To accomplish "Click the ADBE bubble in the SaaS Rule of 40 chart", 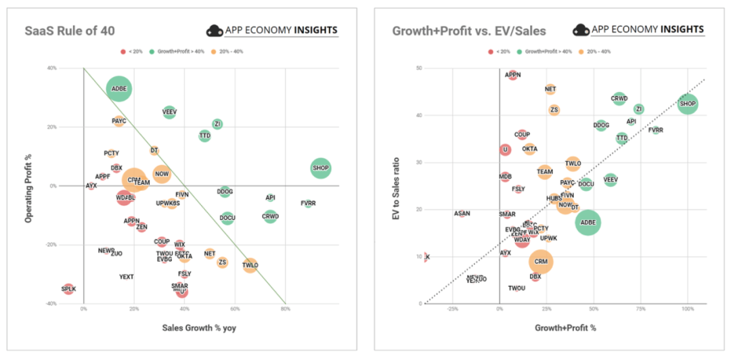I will click(x=119, y=89).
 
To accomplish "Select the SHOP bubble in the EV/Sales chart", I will click(x=688, y=104).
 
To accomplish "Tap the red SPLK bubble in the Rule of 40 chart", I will click(x=68, y=289).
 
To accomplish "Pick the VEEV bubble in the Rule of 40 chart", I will click(x=169, y=112).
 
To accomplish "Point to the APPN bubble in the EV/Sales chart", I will click(x=513, y=75).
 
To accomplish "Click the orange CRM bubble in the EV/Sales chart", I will click(x=540, y=261).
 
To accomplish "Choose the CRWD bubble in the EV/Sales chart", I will click(x=619, y=99).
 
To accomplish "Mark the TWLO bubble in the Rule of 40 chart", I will click(x=250, y=265).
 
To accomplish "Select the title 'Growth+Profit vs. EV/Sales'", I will click(x=469, y=30).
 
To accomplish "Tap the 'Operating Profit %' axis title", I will click(x=28, y=185).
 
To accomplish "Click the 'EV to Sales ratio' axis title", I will click(x=395, y=185).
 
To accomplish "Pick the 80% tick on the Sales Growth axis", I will click(x=285, y=309).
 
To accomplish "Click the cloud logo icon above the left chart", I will click(x=215, y=30).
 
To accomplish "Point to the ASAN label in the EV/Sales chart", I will click(x=462, y=214).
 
